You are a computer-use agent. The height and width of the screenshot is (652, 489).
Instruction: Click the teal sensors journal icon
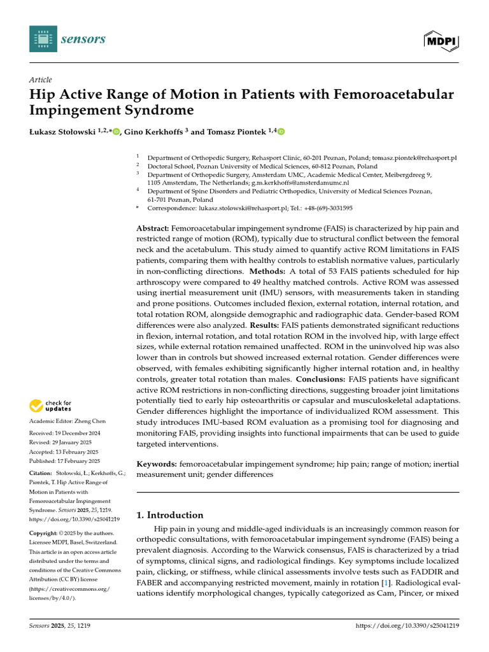[43, 39]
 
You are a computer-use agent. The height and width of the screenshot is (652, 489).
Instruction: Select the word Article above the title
[40, 80]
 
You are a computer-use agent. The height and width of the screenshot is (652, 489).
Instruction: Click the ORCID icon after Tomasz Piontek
[281, 132]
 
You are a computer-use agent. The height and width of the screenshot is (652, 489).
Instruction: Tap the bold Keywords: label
[157, 464]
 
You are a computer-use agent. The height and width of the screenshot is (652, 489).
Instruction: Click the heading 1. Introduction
[170, 515]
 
